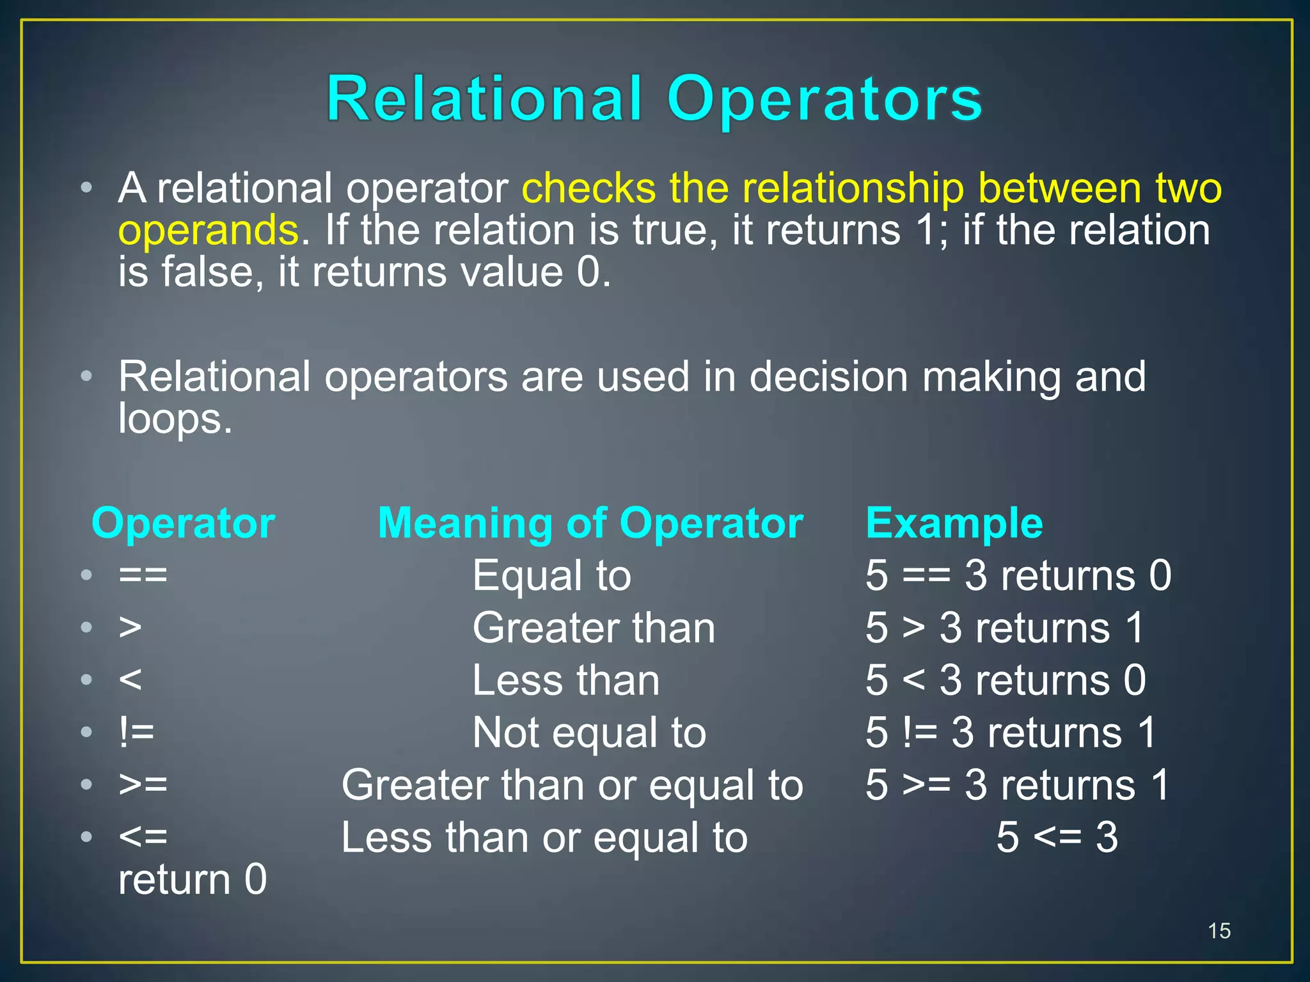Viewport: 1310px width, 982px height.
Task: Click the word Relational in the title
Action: (x=484, y=98)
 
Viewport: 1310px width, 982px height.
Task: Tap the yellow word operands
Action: (x=209, y=230)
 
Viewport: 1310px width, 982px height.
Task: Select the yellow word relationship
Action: (x=853, y=188)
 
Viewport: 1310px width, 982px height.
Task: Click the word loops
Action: (x=175, y=419)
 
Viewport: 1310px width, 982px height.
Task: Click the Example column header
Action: (x=954, y=523)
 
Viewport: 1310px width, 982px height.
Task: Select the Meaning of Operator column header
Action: (x=590, y=523)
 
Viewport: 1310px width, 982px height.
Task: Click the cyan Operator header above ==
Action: (x=183, y=523)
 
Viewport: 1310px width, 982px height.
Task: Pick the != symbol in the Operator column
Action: (x=136, y=733)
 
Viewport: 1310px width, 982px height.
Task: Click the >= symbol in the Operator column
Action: (x=143, y=785)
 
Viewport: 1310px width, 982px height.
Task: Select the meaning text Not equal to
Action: (x=588, y=733)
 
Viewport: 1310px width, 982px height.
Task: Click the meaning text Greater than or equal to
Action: (x=572, y=785)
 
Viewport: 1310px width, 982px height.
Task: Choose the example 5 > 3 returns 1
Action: (x=1004, y=628)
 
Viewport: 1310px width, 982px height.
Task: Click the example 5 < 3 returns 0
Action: (x=1005, y=680)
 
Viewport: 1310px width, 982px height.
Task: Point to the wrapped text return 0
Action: (x=192, y=879)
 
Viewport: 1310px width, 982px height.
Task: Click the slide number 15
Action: (x=1219, y=931)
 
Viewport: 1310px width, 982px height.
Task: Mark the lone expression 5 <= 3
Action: (x=1057, y=838)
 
